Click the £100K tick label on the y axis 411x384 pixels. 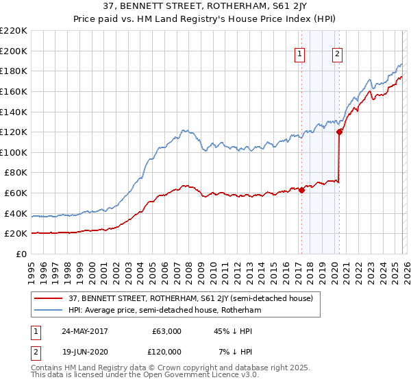point(14,152)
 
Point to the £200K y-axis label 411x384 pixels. point(14,51)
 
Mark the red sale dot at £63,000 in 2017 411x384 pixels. point(301,191)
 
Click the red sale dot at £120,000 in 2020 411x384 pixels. point(339,132)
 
